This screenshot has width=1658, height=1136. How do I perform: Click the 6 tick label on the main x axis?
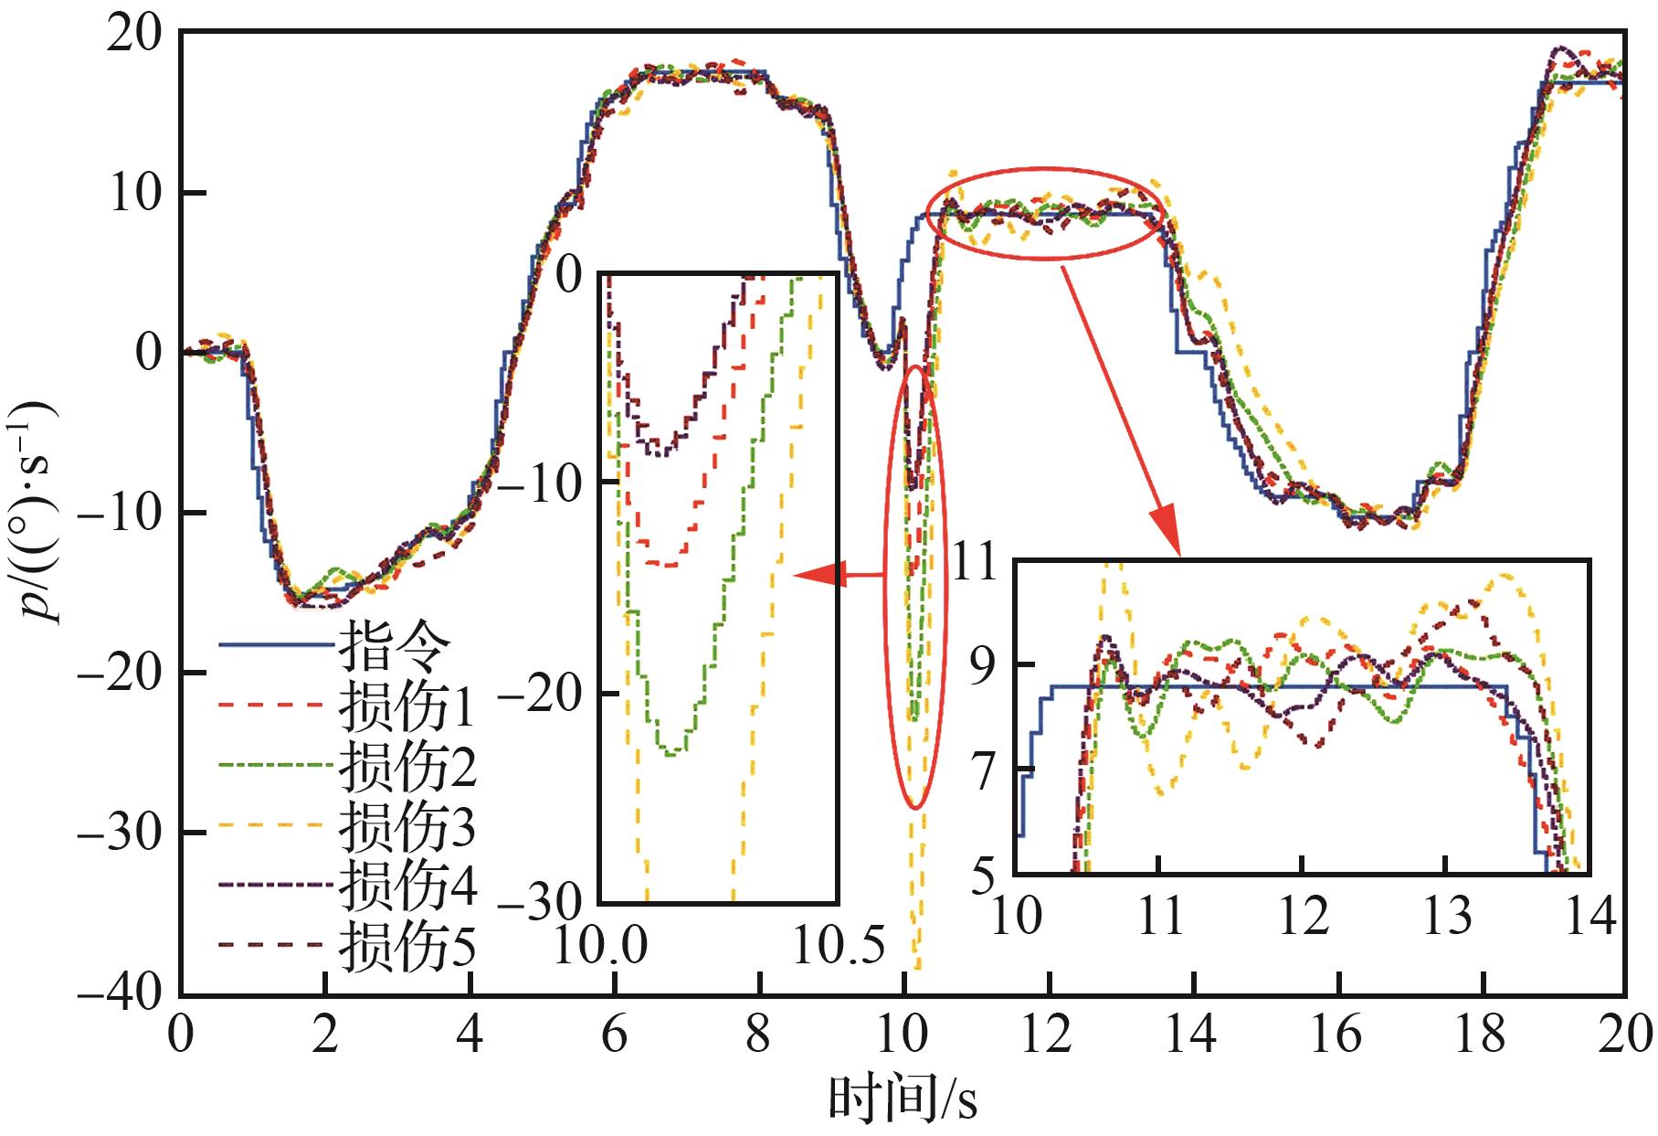click(x=615, y=1035)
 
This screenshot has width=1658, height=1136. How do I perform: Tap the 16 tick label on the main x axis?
click(x=1336, y=1035)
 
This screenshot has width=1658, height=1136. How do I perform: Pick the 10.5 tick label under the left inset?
click(x=839, y=946)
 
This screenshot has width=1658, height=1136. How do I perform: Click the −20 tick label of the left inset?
click(x=543, y=695)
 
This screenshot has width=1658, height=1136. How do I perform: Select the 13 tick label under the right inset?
click(x=1446, y=914)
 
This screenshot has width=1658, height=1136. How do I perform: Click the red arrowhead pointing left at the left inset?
click(x=811, y=576)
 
